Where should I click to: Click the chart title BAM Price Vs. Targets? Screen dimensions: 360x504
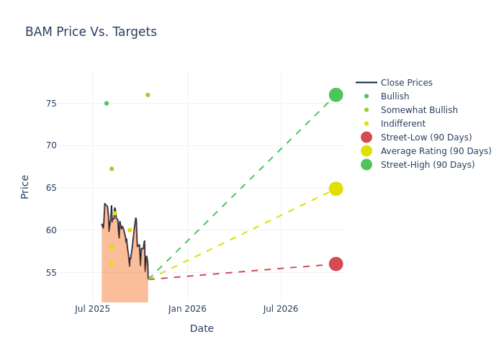pos(91,32)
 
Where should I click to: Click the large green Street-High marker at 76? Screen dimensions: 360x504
pos(336,95)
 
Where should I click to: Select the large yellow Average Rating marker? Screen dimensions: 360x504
pos(336,189)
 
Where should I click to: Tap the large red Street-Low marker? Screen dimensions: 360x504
pos(336,264)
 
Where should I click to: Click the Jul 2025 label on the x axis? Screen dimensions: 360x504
pos(92,309)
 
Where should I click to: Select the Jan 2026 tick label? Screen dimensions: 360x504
pos(187,309)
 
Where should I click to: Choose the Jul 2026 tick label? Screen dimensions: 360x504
pos(280,309)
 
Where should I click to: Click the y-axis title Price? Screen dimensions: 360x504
pos(25,186)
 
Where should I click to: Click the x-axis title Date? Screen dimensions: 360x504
pos(202,328)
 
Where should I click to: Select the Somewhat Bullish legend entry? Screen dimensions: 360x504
pos(419,110)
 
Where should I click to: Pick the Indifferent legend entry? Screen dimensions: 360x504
pos(402,124)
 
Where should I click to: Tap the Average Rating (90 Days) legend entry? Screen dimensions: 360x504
pos(436,151)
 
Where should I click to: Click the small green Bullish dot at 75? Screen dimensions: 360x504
pos(107,104)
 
